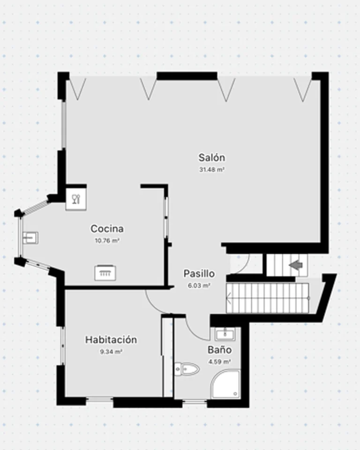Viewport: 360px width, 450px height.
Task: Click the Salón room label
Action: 211,157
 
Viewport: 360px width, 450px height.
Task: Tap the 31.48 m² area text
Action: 211,170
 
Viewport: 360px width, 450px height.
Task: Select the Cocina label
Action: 107,229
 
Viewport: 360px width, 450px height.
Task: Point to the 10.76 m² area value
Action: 107,240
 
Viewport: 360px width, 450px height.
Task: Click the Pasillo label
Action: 199,273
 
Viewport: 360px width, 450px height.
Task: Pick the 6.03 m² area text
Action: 199,285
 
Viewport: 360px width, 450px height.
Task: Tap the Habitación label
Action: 111,340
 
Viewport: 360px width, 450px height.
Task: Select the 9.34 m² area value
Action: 111,352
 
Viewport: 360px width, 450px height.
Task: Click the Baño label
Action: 220,350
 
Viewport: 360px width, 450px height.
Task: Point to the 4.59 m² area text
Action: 220,362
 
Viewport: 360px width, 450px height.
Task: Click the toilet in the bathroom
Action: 187,369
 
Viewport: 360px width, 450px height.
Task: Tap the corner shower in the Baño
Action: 225,384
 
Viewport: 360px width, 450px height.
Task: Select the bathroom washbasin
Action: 225,334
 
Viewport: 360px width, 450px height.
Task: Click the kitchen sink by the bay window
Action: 30,238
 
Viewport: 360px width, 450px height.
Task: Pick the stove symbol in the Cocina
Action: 105,273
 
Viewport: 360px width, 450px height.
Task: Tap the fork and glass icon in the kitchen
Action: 76,199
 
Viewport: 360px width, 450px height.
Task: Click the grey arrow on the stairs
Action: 296,265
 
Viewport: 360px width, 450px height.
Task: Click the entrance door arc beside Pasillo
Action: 246,265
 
